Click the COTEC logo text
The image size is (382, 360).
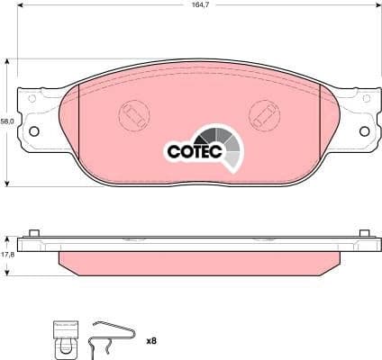188,151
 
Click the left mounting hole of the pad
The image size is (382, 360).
35,131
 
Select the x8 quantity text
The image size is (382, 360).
151,340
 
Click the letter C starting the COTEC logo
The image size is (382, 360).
172,151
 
